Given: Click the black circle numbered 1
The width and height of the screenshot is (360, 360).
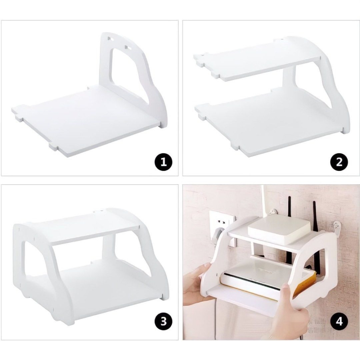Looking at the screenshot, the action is point(163,162).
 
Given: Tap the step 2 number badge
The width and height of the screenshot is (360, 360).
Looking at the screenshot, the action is point(339,162).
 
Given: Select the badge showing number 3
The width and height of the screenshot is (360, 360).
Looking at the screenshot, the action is point(163,321).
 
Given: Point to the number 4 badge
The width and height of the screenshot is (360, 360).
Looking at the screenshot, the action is point(339,321).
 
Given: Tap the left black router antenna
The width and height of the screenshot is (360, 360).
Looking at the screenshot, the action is point(290,208).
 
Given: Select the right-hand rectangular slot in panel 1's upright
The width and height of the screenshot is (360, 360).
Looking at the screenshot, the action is point(128,48).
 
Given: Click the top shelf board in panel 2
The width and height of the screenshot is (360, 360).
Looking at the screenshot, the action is point(257,60).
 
